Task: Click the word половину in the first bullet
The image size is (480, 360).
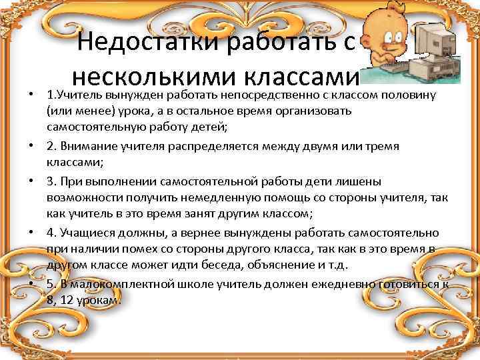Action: [x=417, y=96]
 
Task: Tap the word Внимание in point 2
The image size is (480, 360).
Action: [x=86, y=145]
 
